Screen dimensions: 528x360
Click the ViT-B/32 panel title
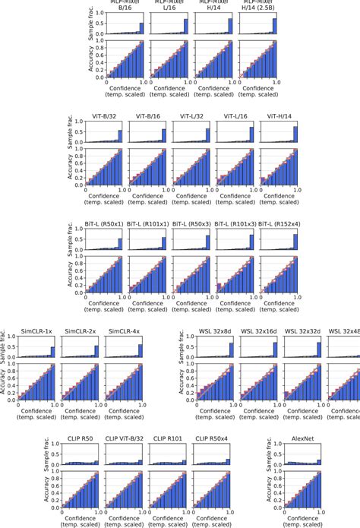click(x=104, y=119)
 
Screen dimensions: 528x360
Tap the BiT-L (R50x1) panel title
click(x=103, y=225)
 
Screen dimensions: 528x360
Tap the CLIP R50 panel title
click(x=82, y=438)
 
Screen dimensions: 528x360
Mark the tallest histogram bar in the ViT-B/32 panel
click(x=119, y=136)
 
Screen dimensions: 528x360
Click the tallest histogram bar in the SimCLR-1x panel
click(x=52, y=352)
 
